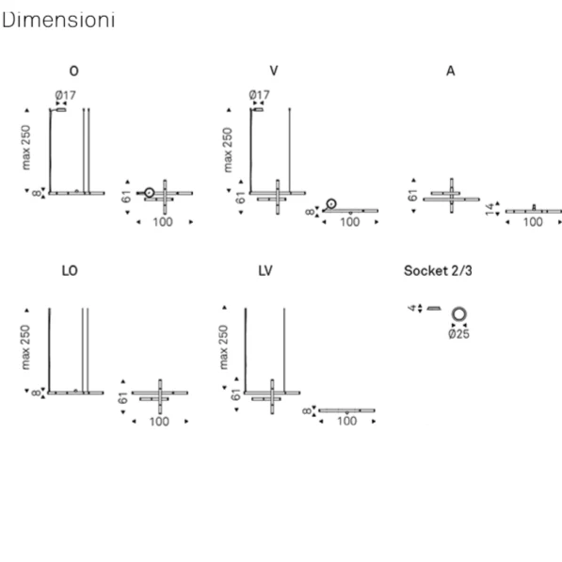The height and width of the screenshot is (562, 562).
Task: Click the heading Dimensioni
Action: point(58,20)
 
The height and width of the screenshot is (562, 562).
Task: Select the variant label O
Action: point(73,71)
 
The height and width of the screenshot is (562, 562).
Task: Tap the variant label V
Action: point(274,71)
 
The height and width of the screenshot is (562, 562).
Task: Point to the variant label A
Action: point(451,71)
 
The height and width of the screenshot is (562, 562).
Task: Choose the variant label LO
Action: point(70,270)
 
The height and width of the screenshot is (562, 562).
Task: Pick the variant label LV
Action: point(265,270)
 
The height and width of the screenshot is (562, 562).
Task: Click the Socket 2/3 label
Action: point(438,270)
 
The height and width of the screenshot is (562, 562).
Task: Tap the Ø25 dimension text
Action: point(458,334)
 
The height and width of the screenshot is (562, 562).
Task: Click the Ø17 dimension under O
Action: point(66,95)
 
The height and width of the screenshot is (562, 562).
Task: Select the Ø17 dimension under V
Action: point(259,95)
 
